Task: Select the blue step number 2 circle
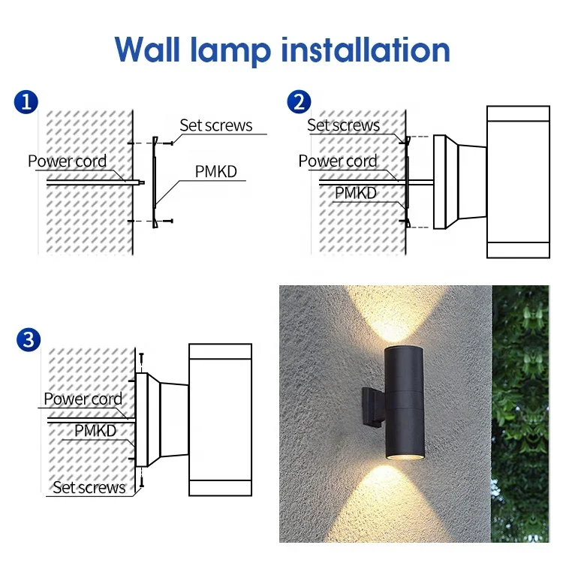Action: pyautogui.click(x=298, y=101)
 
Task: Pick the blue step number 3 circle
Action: pyautogui.click(x=28, y=339)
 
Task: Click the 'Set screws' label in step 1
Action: pyautogui.click(x=215, y=125)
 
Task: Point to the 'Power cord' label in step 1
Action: pyautogui.click(x=67, y=161)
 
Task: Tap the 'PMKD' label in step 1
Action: pyautogui.click(x=215, y=172)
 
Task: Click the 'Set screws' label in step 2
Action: pyautogui.click(x=343, y=125)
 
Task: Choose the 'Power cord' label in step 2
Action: pyautogui.click(x=337, y=161)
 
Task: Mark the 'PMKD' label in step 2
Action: pyautogui.click(x=355, y=193)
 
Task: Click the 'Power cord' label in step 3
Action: pyautogui.click(x=83, y=399)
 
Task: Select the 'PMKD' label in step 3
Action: pyautogui.click(x=95, y=431)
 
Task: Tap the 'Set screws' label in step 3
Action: pyautogui.click(x=89, y=488)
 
